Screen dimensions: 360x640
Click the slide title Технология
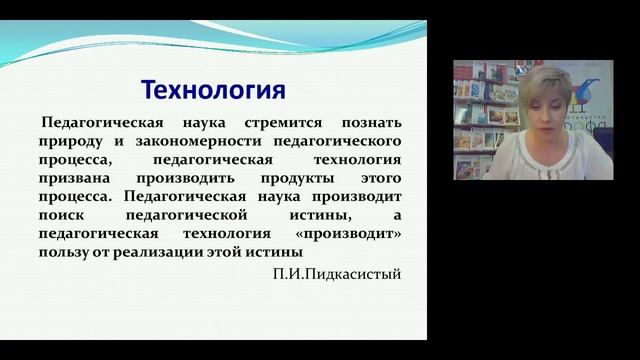[x=213, y=91]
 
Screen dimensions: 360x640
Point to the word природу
[x=72, y=141]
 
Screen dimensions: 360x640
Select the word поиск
[x=62, y=215]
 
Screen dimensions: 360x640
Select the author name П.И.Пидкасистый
[x=336, y=273]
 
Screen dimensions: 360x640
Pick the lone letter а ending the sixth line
[x=397, y=215]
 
